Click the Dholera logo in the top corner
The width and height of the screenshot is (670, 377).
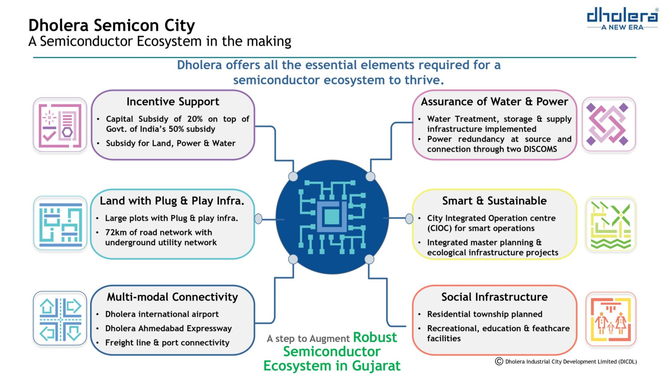[622, 19]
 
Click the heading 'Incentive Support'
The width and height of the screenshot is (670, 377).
[173, 102]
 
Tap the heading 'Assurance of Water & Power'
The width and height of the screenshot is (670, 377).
[494, 101]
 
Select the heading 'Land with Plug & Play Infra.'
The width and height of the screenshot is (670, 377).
[172, 201]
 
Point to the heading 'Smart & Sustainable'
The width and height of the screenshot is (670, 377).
[494, 201]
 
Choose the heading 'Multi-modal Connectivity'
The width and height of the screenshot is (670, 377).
[172, 297]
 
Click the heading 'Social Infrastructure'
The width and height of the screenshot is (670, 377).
[494, 297]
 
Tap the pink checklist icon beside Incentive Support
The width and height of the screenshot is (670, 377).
[60, 125]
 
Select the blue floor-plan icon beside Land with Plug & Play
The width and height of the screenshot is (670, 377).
[61, 223]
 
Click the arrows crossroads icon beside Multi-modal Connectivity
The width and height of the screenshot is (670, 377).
[60, 318]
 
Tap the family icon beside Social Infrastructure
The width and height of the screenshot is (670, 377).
[610, 319]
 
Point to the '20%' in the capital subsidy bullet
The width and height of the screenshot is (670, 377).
[195, 119]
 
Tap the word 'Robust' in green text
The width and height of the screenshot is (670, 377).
[375, 337]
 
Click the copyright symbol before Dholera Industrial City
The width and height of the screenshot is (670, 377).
[499, 361]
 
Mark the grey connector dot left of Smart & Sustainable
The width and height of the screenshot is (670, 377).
[409, 218]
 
